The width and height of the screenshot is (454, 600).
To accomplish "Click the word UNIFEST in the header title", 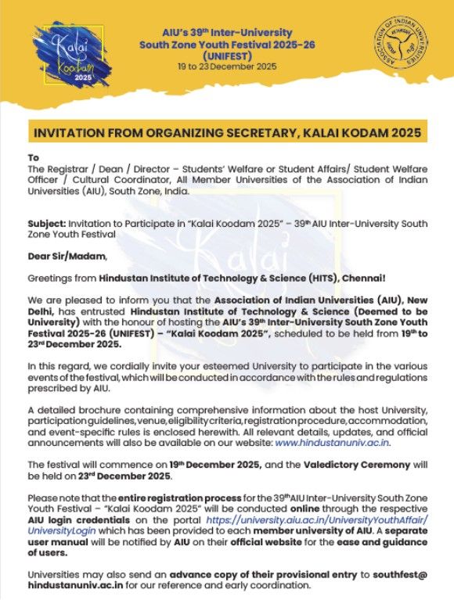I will pos(226,56).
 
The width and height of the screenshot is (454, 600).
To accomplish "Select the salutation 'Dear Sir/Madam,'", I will pos(65,256).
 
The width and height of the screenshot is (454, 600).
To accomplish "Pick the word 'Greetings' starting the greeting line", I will pos(49,277).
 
